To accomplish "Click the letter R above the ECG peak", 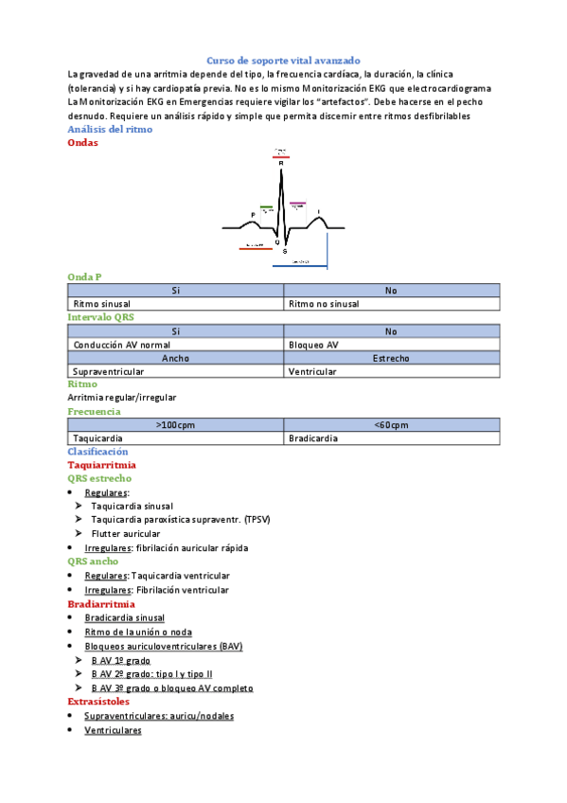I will [x=281, y=163].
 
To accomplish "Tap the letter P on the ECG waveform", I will [x=253, y=214].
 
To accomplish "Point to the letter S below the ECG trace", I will [x=285, y=251].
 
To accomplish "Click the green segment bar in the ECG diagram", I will [x=266, y=206].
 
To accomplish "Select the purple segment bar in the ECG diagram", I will [x=297, y=203].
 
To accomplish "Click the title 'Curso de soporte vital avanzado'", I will [x=283, y=59].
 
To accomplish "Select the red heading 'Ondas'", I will [x=83, y=142].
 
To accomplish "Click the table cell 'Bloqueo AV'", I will [x=313, y=346].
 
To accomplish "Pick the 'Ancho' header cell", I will [x=175, y=359].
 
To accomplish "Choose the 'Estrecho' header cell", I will [x=391, y=359].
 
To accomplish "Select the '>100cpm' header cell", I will [x=175, y=425].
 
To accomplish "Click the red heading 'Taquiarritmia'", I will [x=101, y=465].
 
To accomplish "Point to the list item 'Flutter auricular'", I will [x=126, y=533].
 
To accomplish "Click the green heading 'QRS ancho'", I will [x=92, y=561].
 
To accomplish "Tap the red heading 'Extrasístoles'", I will [x=98, y=702].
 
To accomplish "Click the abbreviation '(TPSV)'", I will [x=257, y=520].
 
